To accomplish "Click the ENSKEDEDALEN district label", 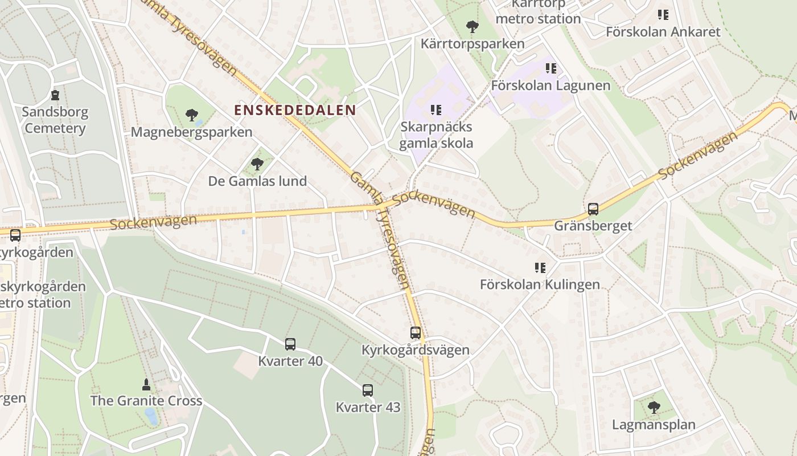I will [x=295, y=110].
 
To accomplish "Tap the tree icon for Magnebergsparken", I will [x=192, y=116].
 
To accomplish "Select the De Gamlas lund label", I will [x=257, y=181].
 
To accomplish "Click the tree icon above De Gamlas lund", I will [x=257, y=165].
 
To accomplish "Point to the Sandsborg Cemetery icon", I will [x=55, y=95].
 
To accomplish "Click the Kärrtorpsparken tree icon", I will [x=472, y=27].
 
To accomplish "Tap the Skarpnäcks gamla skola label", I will [x=436, y=135].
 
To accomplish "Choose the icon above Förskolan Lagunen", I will [x=550, y=69].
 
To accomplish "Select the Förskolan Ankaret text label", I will [x=663, y=32].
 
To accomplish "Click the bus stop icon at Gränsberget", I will [x=593, y=209].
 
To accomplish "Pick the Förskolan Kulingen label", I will [x=540, y=284].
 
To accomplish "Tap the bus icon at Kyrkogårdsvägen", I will [x=416, y=333].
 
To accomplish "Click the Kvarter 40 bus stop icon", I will [x=290, y=344].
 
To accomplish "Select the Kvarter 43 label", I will [x=368, y=407].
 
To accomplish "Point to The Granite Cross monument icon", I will [x=146, y=384].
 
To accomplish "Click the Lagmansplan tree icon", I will [x=654, y=408].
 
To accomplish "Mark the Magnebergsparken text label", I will [x=191, y=132].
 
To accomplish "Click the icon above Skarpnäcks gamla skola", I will [x=436, y=110].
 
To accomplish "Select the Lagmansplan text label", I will [x=654, y=425].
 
